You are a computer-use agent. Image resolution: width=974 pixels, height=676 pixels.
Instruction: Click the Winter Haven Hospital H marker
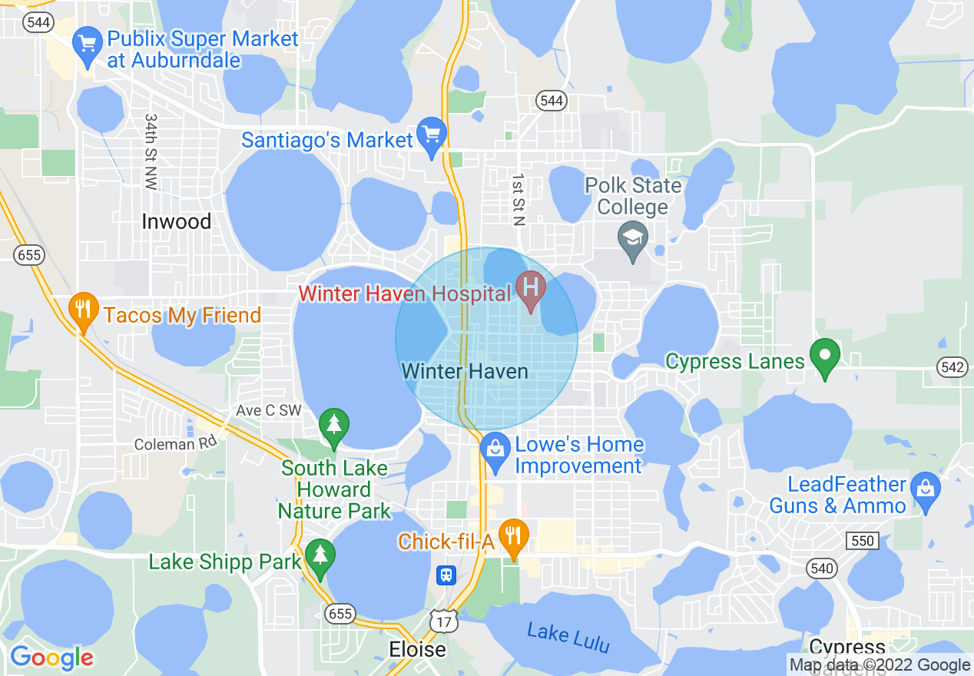coord(530,288)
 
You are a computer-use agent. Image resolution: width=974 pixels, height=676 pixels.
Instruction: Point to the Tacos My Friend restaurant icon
coord(82,310)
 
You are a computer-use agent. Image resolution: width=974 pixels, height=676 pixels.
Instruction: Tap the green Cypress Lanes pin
coord(825,357)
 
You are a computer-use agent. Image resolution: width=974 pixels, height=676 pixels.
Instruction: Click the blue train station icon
coord(446,575)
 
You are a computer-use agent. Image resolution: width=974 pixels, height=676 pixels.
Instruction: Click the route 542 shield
coord(952,367)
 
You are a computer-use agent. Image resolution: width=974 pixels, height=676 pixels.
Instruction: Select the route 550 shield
coord(863,541)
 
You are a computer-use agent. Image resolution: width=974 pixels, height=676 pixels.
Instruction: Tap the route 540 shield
coord(821,568)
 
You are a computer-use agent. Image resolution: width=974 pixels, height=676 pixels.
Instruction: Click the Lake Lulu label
coord(568,638)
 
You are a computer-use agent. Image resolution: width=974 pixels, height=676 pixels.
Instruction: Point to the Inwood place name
coord(176,222)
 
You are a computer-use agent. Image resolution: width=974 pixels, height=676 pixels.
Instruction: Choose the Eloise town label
coord(417,649)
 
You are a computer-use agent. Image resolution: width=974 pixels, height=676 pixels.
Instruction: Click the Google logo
coord(51,658)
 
